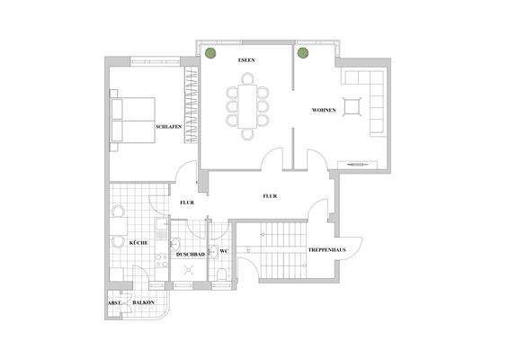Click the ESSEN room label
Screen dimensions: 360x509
tap(246, 59)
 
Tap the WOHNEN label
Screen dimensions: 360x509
tap(324, 109)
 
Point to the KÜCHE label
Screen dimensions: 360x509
tap(138, 243)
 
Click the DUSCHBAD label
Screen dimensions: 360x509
tap(190, 255)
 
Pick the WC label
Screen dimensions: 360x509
tap(225, 251)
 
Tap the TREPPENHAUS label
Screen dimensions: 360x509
tap(322, 248)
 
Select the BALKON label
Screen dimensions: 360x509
tap(144, 303)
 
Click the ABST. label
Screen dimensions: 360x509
tap(115, 303)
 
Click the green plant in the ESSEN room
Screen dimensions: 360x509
tap(210, 53)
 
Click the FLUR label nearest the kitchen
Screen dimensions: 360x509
tap(186, 202)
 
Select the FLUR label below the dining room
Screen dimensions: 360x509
tap(269, 195)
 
